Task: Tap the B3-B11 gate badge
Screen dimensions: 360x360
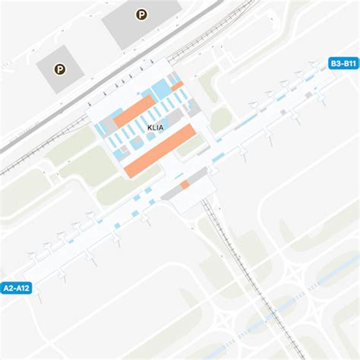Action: click(343, 64)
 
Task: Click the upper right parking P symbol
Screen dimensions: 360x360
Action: click(141, 14)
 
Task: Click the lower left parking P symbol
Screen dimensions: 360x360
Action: click(59, 68)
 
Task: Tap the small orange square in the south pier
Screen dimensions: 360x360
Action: click(185, 185)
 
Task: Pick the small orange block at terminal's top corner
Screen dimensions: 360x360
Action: click(177, 87)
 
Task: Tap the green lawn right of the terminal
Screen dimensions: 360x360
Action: click(221, 118)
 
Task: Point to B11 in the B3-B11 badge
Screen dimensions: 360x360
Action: click(350, 64)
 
